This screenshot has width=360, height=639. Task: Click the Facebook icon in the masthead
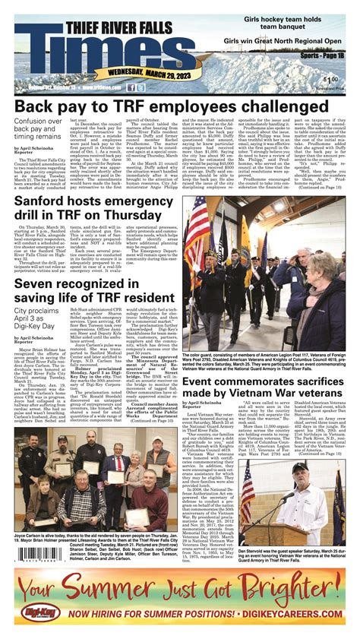[x=133, y=87]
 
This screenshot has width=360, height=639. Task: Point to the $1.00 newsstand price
[x=330, y=80]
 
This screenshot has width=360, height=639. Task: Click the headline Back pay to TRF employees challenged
[x=179, y=106]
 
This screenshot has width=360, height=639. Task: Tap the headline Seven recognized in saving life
[x=91, y=293]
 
